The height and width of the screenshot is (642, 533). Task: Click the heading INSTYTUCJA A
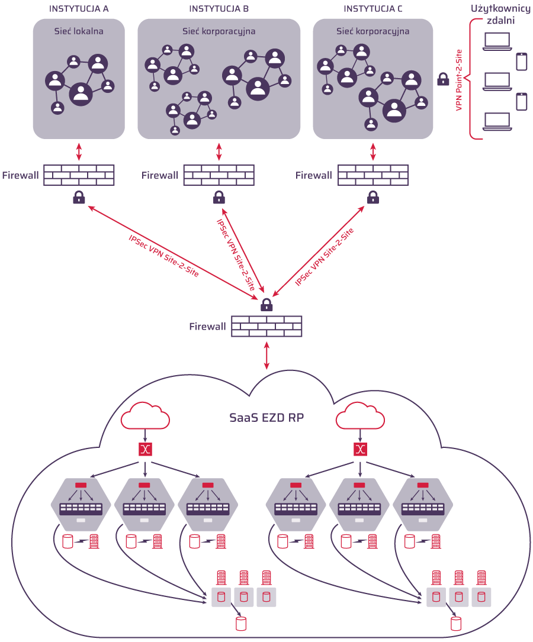click(x=79, y=8)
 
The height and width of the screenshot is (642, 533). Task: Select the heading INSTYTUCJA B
click(x=219, y=8)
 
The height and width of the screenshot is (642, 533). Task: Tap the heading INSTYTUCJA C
click(x=373, y=8)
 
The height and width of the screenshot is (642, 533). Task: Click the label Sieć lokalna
click(x=79, y=31)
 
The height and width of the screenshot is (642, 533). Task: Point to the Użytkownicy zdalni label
click(x=500, y=14)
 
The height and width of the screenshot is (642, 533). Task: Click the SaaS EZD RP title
click(x=266, y=417)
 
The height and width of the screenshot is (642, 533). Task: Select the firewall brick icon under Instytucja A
click(x=79, y=175)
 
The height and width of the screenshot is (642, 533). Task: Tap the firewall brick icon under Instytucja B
click(x=219, y=175)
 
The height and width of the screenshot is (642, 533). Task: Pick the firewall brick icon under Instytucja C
click(x=373, y=175)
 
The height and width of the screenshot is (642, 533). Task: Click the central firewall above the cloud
click(x=266, y=326)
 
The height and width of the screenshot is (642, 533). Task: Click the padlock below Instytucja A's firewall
click(x=79, y=198)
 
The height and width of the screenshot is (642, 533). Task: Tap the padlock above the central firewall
click(x=266, y=305)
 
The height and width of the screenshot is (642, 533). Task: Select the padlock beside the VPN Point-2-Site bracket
click(x=443, y=79)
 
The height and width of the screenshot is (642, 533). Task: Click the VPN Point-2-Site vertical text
click(x=459, y=80)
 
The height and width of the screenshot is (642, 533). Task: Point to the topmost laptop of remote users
click(x=497, y=41)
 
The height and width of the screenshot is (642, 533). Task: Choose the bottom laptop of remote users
click(x=497, y=121)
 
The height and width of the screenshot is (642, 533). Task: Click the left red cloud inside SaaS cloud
click(x=145, y=416)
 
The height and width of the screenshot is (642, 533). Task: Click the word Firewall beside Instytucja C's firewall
click(x=314, y=175)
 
